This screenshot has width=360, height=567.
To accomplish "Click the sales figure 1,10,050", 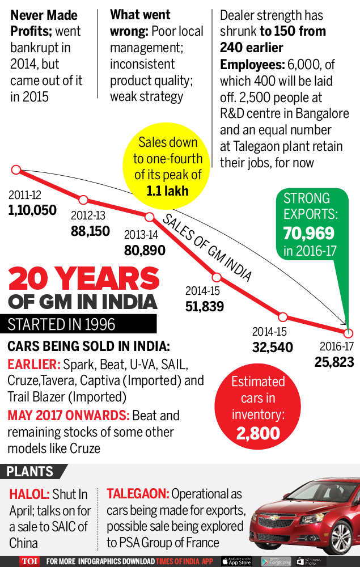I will (32, 210).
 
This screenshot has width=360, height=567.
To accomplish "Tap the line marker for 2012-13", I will (83, 200).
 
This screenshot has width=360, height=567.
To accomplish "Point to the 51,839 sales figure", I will (205, 307).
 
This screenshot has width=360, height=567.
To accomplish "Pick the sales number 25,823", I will (334, 362).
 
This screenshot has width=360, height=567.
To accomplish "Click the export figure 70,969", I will (309, 233).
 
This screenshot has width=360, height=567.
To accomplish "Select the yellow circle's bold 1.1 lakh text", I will (167, 191).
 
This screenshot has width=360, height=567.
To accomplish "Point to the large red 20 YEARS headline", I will (84, 279).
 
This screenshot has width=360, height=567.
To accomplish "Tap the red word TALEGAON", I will (137, 494).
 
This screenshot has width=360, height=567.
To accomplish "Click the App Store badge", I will (236, 561).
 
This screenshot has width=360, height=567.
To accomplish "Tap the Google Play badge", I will (276, 561).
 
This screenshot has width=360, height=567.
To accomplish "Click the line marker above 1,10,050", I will (16, 169).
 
